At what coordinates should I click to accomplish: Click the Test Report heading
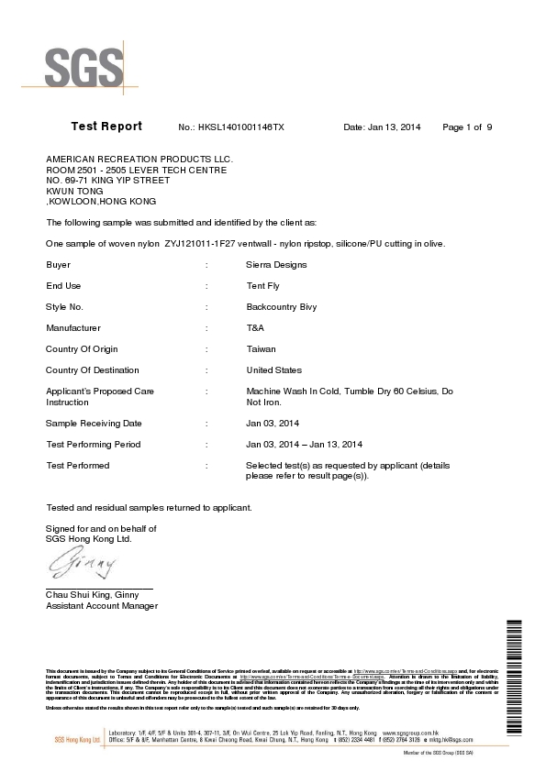coord(106,127)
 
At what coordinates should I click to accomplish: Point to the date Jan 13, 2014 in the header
coord(382,127)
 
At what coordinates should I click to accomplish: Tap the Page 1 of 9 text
coord(468,127)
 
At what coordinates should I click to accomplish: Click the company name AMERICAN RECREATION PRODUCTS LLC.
coord(139,159)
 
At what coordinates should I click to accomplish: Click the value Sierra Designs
coord(276,264)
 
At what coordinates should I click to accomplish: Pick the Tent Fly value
coord(265,285)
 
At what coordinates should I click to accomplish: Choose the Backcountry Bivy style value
coord(282,306)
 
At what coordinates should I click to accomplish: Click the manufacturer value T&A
coord(256,327)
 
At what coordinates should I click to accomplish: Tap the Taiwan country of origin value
coord(262,348)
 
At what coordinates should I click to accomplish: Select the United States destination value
coord(274,369)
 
